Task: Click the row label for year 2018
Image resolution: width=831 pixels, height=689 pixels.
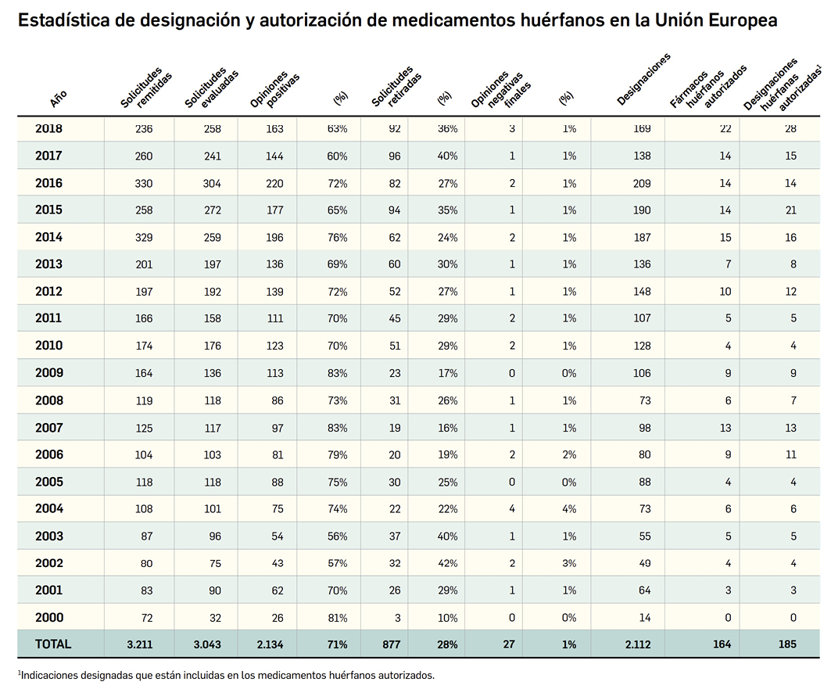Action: [x=48, y=128]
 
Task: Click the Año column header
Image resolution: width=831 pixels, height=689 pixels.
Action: [x=59, y=98]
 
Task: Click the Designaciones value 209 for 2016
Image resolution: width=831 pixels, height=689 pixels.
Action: [x=641, y=184]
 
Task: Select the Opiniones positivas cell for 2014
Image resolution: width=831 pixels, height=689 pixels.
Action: [x=274, y=238]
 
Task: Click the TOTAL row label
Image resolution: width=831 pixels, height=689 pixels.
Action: [x=53, y=644]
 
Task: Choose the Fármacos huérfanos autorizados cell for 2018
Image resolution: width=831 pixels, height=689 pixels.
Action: [x=725, y=129]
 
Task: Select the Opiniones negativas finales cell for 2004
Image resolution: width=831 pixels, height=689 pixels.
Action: [x=511, y=509]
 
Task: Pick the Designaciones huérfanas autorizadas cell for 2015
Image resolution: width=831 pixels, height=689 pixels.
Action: [x=790, y=210]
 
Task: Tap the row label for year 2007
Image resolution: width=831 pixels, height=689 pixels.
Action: [x=48, y=428]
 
